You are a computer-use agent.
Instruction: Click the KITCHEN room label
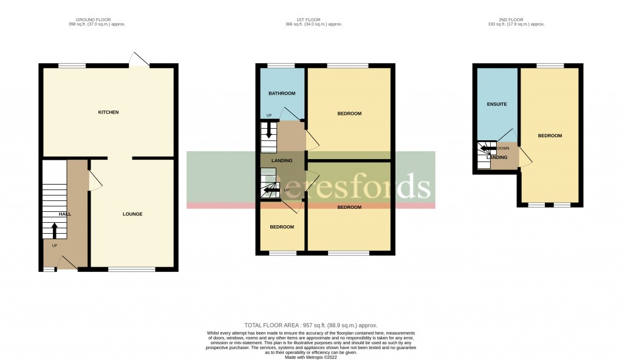pyautogui.click(x=109, y=112)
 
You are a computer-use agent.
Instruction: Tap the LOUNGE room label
pyautogui.click(x=132, y=214)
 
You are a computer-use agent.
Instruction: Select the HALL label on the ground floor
pyautogui.click(x=64, y=214)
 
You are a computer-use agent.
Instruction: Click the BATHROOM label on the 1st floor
pyautogui.click(x=282, y=93)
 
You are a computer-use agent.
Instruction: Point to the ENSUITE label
pyautogui.click(x=497, y=104)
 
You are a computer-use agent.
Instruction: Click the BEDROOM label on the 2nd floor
pyautogui.click(x=550, y=135)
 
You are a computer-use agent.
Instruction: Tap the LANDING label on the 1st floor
pyautogui.click(x=282, y=160)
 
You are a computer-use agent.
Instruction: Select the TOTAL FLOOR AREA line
pyautogui.click(x=310, y=325)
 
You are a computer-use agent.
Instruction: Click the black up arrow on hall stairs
pyautogui.click(x=54, y=230)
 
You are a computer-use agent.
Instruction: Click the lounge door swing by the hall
pyautogui.click(x=95, y=180)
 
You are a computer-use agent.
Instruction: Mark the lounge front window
pyautogui.click(x=131, y=269)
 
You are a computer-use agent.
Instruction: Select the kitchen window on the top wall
pyautogui.click(x=72, y=64)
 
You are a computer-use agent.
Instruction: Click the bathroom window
pyautogui.click(x=280, y=65)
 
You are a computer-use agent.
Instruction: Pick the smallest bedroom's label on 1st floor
pyautogui.click(x=282, y=227)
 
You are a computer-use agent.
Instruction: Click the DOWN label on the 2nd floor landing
pyautogui.click(x=503, y=148)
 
